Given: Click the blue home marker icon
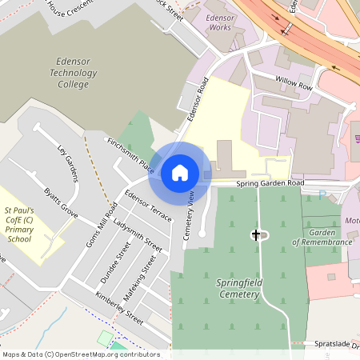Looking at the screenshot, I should pos(180,172).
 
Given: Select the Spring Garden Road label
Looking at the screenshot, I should pos(270,183).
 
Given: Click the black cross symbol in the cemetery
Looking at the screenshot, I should pos(256,234).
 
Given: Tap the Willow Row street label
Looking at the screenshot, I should pos(293,82).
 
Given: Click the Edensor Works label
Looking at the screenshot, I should pos(219,22).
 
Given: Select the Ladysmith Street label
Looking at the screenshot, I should pos(138,233).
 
